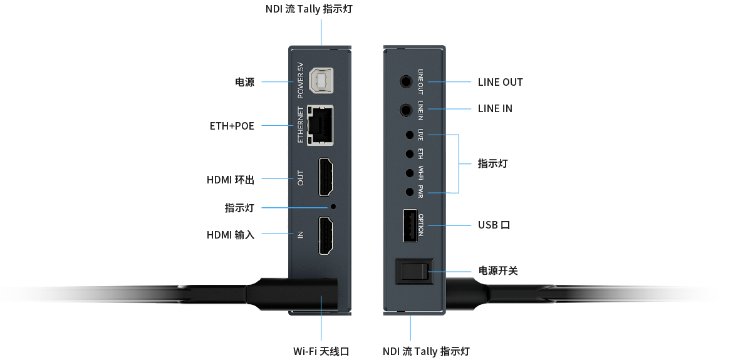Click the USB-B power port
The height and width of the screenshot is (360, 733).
[321, 81]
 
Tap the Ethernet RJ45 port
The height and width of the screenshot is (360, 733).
[320, 125]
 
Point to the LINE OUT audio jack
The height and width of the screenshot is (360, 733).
[407, 81]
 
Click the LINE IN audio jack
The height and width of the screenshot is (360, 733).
[407, 110]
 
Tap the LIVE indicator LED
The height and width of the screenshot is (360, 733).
[410, 135]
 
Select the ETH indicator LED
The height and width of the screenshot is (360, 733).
[410, 153]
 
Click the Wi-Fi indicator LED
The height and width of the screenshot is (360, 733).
[410, 172]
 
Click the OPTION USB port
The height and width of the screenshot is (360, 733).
[410, 225]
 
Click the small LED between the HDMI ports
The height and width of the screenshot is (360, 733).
[333, 206]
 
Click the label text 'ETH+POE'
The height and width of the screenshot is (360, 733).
[232, 126]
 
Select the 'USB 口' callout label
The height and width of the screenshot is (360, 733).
[494, 225]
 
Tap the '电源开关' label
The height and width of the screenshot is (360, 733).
[498, 271]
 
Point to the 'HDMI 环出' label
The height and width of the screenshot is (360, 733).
[231, 180]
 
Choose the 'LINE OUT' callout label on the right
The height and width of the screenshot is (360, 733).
[500, 82]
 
